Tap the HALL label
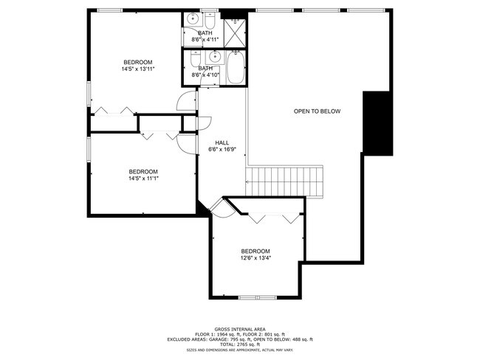pyautogui.click(x=222, y=143)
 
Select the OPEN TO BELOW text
pyautogui.click(x=317, y=111)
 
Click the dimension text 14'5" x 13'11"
pyautogui.click(x=137, y=69)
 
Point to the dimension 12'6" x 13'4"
pyautogui.click(x=255, y=258)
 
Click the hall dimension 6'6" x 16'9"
pyautogui.click(x=222, y=150)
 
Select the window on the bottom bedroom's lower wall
pyautogui.click(x=257, y=297)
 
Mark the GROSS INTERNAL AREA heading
pyautogui.click(x=239, y=328)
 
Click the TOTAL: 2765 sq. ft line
pyautogui.click(x=239, y=345)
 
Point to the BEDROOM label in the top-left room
pyautogui.click(x=137, y=61)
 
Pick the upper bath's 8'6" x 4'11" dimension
pyautogui.click(x=206, y=39)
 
